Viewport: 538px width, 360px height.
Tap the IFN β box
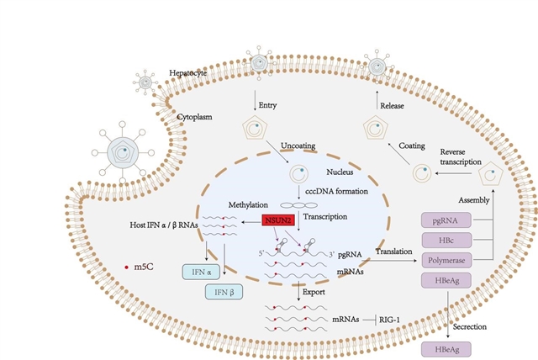click(x=223, y=291)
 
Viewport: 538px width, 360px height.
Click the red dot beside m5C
click(x=127, y=267)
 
